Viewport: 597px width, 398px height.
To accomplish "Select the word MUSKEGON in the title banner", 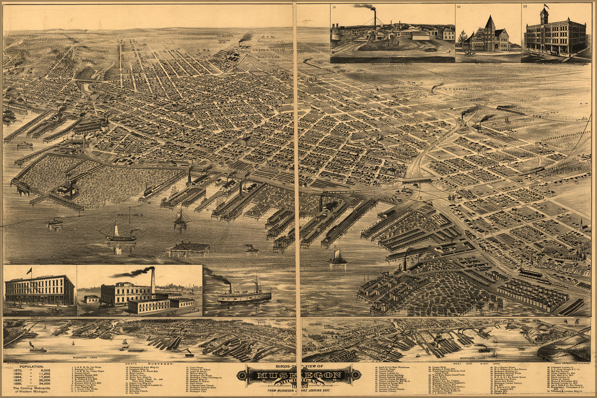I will pyautogui.click(x=299, y=375).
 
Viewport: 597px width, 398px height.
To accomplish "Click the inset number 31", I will pyautogui.click(x=335, y=7).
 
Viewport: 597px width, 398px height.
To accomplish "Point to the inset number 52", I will pyautogui.click(x=459, y=7).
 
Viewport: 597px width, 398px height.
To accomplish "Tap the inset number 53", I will pyautogui.click(x=525, y=7).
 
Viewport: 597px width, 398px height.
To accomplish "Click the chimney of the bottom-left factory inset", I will pyautogui.click(x=153, y=281).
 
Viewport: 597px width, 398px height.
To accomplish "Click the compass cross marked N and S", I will pyautogui.click(x=129, y=215).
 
